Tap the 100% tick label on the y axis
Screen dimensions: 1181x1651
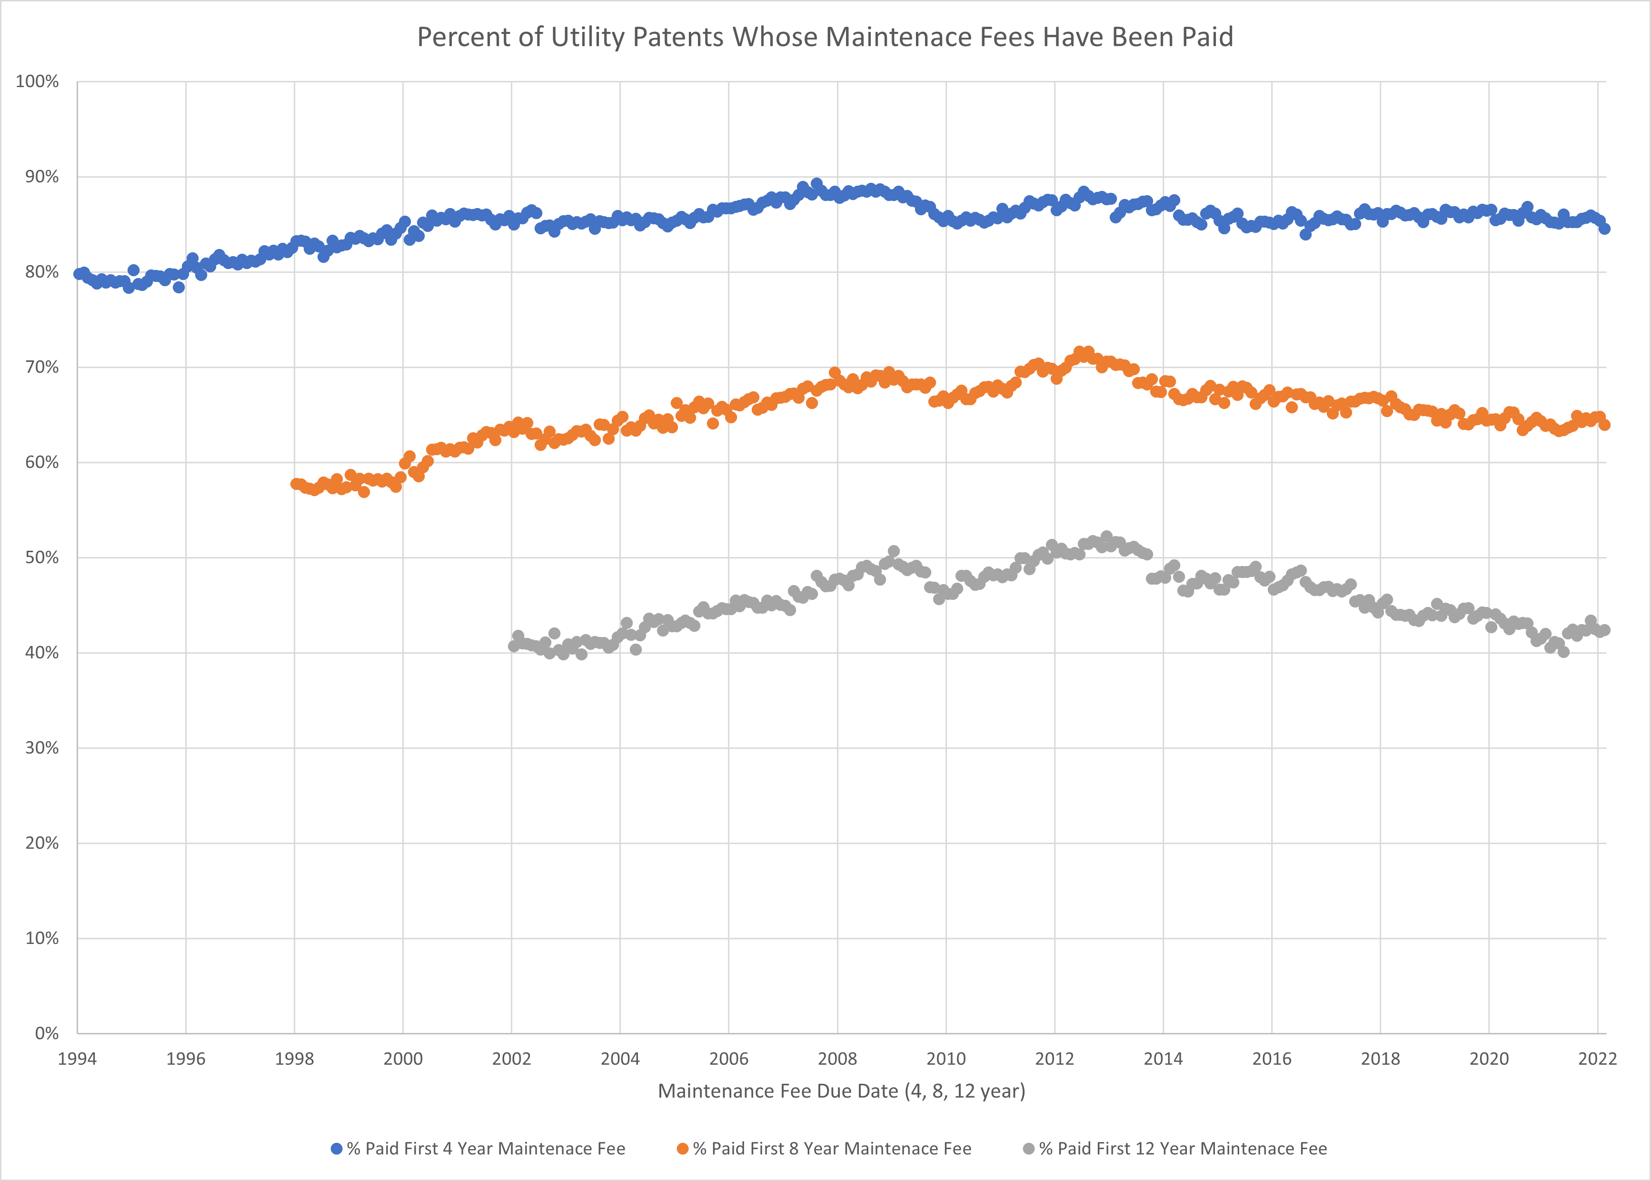pyautogui.click(x=37, y=81)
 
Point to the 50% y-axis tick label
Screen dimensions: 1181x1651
pyautogui.click(x=41, y=558)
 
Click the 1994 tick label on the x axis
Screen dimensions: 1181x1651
pyautogui.click(x=77, y=1059)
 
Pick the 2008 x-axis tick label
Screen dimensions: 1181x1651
pyautogui.click(x=837, y=1059)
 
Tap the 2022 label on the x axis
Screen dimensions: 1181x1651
pyautogui.click(x=1597, y=1059)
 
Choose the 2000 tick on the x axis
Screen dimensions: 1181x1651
pyautogui.click(x=403, y=1059)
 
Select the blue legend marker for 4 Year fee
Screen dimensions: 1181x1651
pyautogui.click(x=337, y=1149)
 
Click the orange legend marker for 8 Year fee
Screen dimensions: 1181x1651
pyautogui.click(x=682, y=1149)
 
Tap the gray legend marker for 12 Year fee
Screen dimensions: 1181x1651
pyautogui.click(x=1028, y=1149)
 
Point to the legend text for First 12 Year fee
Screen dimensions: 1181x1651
pyautogui.click(x=1183, y=1149)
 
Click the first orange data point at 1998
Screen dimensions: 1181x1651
pyautogui.click(x=295, y=484)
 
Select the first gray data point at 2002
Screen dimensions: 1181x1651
pyautogui.click(x=514, y=646)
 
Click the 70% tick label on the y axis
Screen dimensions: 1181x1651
pyautogui.click(x=41, y=367)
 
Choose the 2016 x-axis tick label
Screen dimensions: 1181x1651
pyautogui.click(x=1272, y=1059)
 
